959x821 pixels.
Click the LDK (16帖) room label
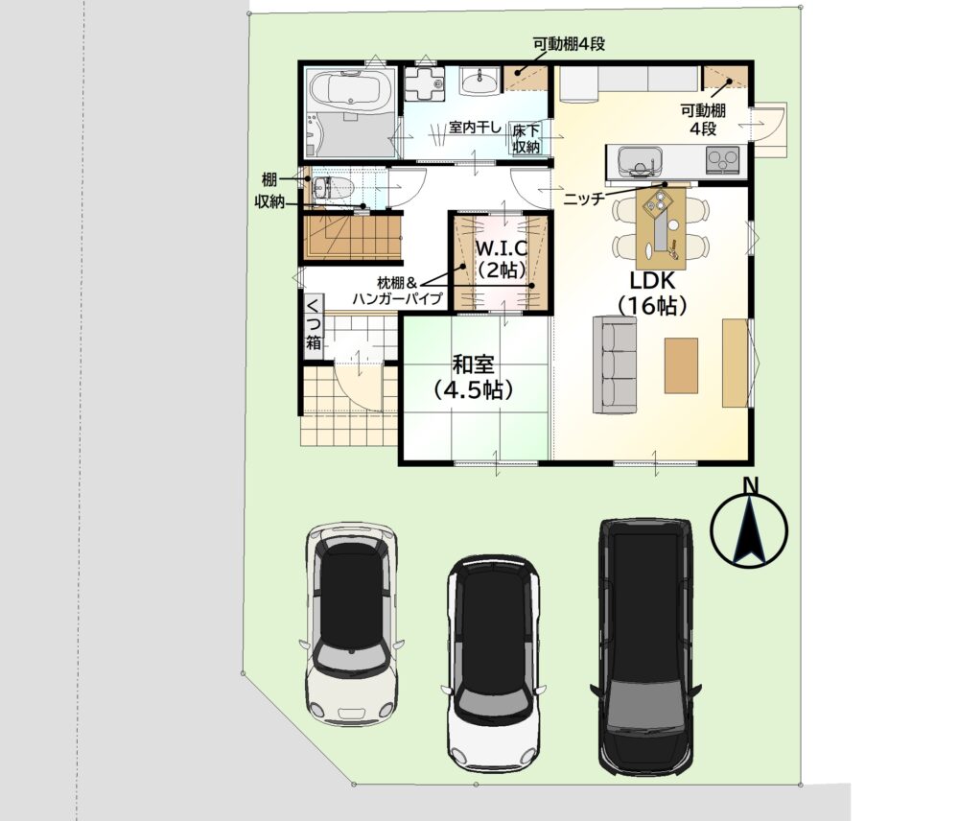[652, 293]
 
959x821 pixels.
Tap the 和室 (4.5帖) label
[472, 377]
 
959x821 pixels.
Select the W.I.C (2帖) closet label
[502, 259]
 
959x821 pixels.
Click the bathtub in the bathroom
[350, 89]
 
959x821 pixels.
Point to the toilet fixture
[333, 188]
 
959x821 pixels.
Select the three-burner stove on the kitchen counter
[722, 160]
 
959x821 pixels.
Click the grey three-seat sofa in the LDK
[614, 364]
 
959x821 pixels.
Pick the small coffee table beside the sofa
[681, 365]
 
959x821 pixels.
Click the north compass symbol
[750, 525]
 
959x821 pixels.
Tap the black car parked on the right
[645, 647]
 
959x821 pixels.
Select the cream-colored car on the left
[351, 624]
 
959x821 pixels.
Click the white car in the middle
[494, 665]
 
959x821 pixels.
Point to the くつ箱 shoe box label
[314, 324]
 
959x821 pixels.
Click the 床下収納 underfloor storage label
[526, 139]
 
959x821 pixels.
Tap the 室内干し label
[475, 128]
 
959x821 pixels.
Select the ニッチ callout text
[583, 199]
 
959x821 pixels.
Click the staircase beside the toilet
[352, 237]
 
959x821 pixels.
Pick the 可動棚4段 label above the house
[569, 44]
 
